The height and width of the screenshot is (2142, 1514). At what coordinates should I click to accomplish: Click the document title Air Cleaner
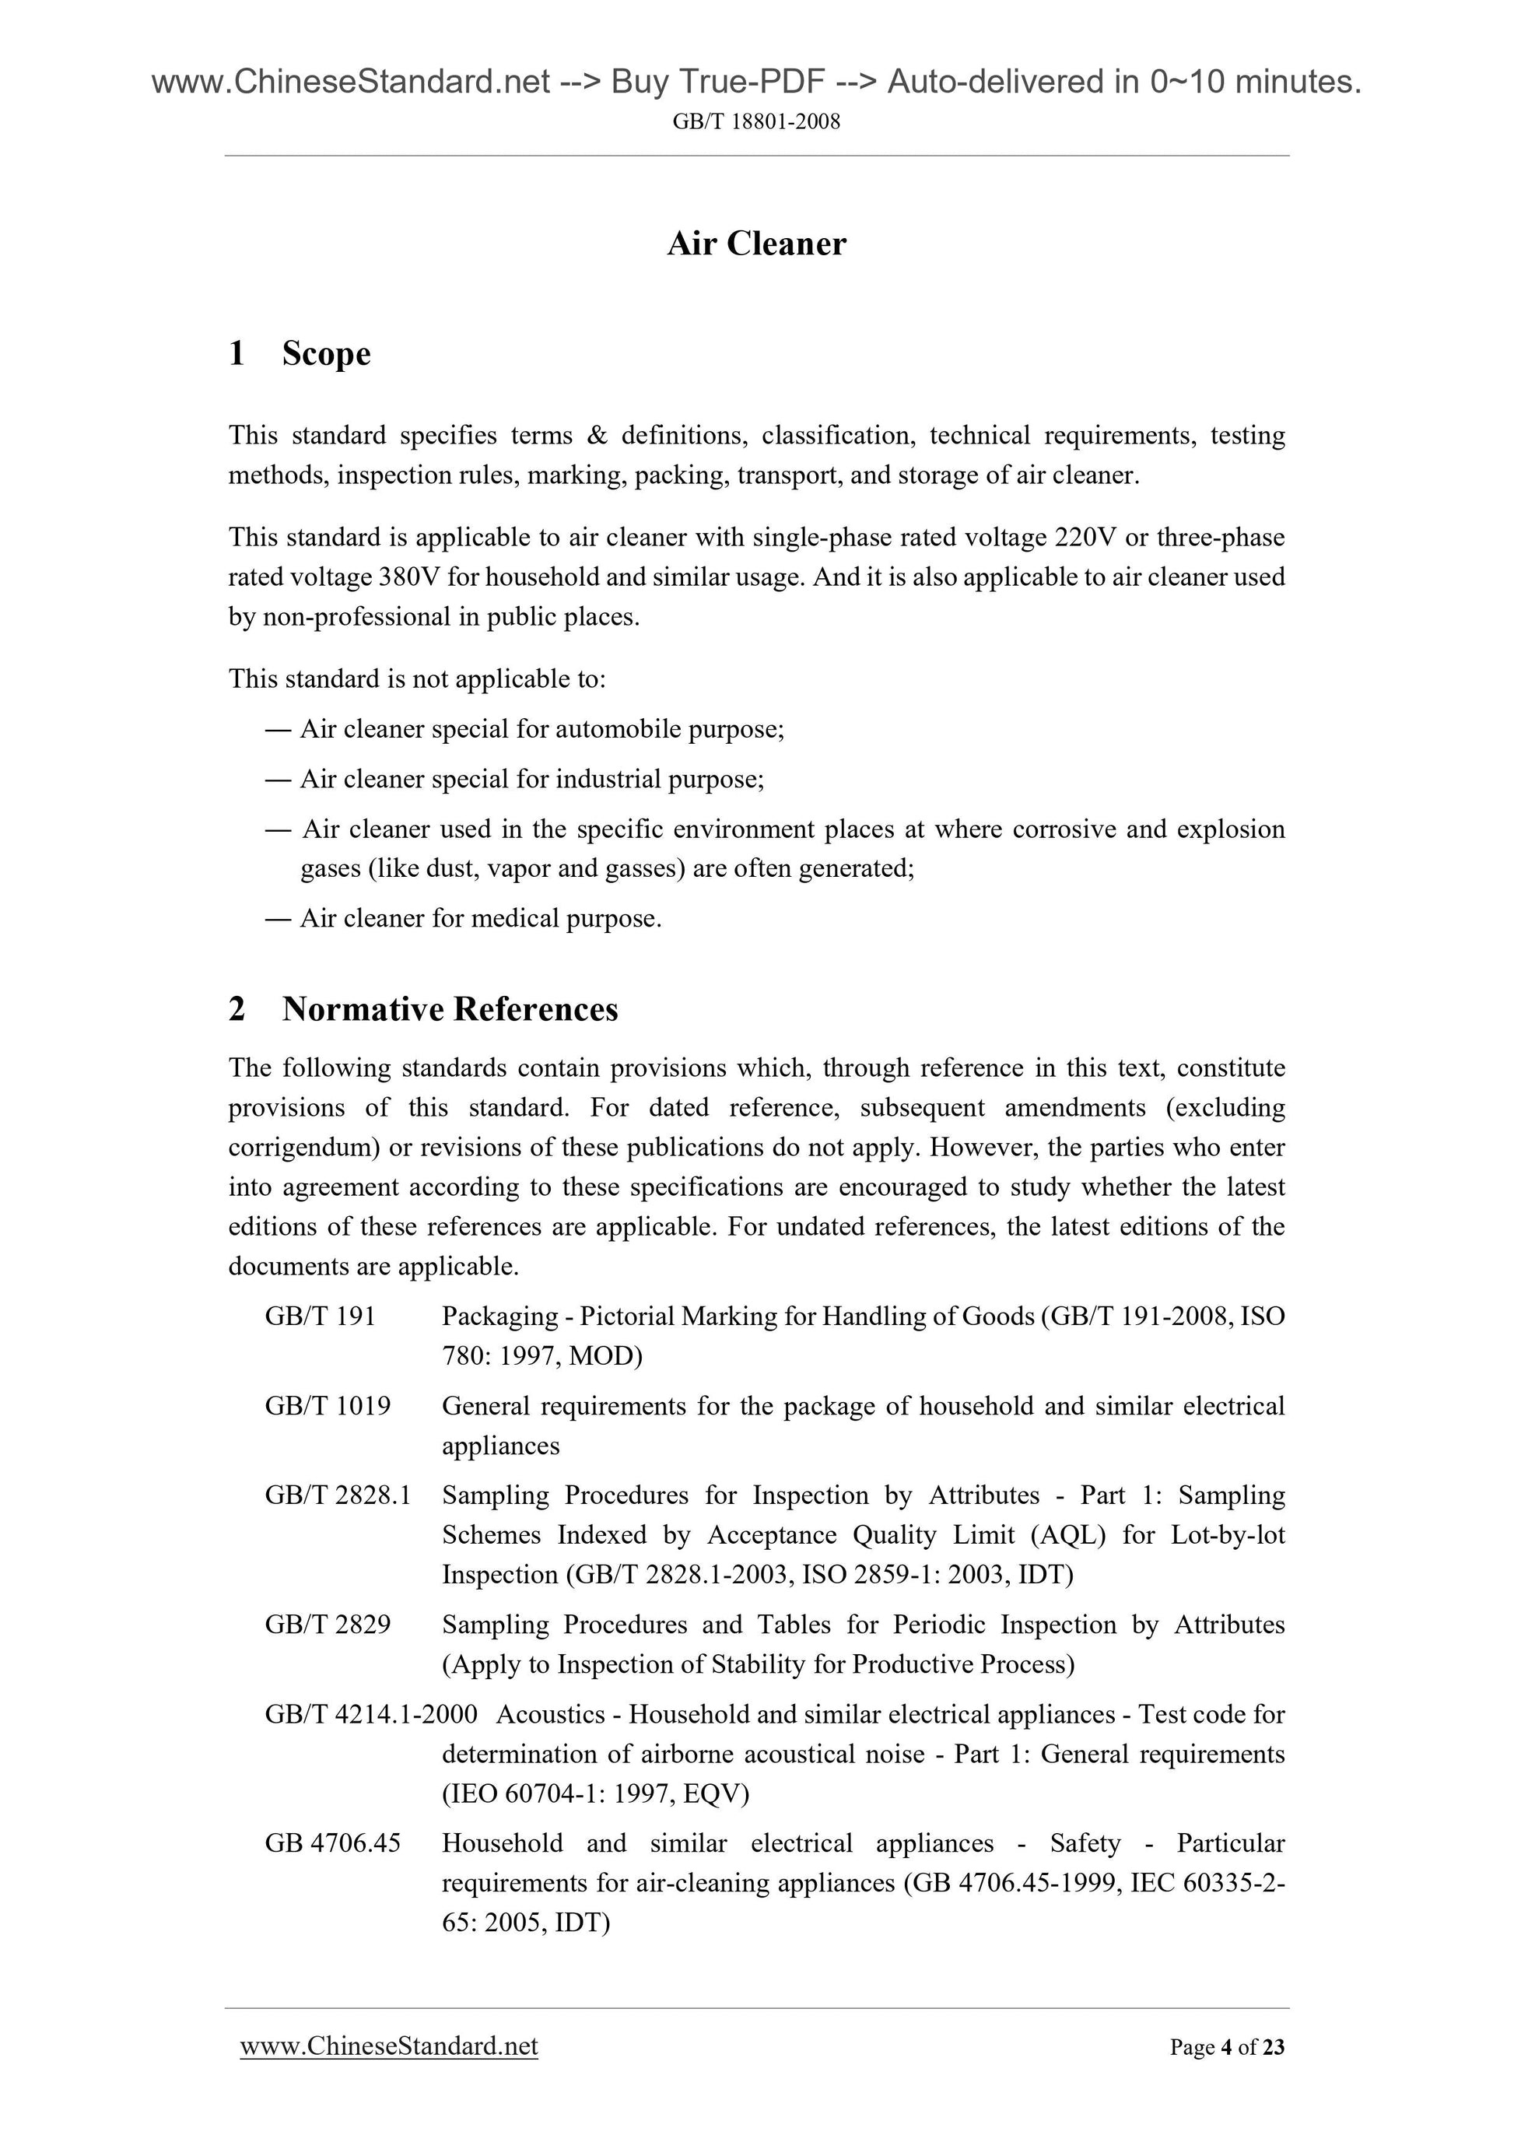click(x=756, y=244)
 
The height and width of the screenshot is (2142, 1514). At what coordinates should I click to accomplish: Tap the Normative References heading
click(x=450, y=1008)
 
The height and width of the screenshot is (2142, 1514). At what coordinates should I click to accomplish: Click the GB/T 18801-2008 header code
click(x=756, y=121)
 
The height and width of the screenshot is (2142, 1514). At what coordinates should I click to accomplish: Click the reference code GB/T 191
click(x=320, y=1316)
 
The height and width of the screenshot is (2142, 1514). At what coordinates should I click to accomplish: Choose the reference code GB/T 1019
click(x=328, y=1406)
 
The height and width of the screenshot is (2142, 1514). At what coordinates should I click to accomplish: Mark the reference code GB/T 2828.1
click(x=338, y=1495)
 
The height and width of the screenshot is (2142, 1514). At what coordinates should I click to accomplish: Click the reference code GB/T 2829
click(x=328, y=1625)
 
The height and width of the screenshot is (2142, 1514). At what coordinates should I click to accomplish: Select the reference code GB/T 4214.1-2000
click(x=371, y=1714)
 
